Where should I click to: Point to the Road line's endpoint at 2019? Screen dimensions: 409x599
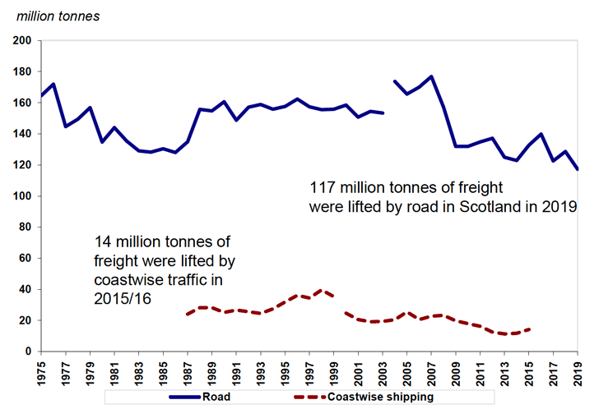point(579,169)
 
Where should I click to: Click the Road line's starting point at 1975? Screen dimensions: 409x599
point(39,96)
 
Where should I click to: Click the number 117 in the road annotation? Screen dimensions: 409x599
point(323,185)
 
